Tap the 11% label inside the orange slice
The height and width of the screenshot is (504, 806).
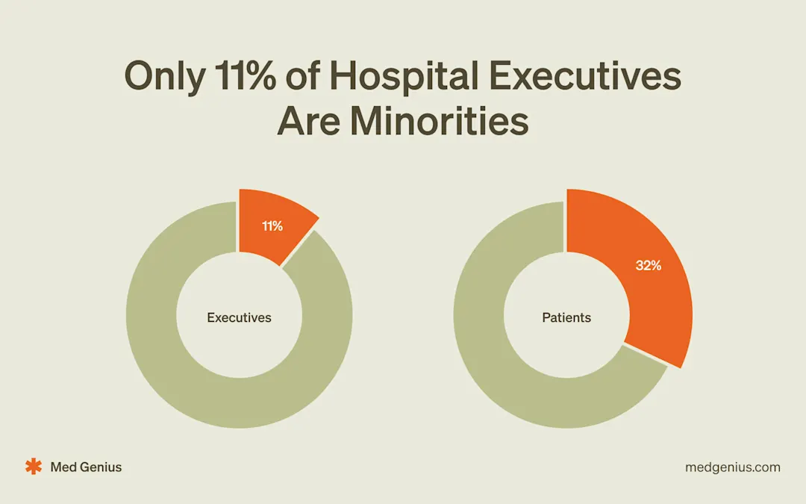[x=272, y=225]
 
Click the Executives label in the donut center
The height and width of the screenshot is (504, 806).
[x=239, y=317]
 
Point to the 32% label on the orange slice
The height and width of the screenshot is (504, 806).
[x=648, y=265]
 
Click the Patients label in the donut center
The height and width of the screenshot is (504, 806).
[x=566, y=317]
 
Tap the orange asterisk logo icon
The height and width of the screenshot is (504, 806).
[x=34, y=467]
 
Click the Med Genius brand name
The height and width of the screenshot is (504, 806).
[x=86, y=467]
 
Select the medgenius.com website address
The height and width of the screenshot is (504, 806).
[x=732, y=467]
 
